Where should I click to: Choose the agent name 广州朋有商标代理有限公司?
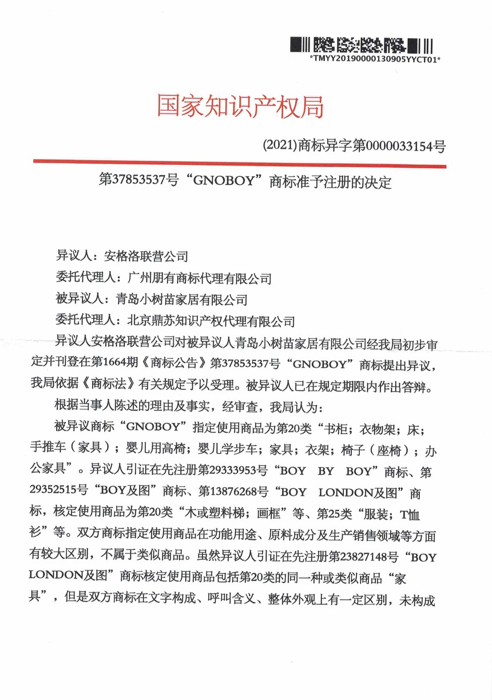click(x=198, y=279)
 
